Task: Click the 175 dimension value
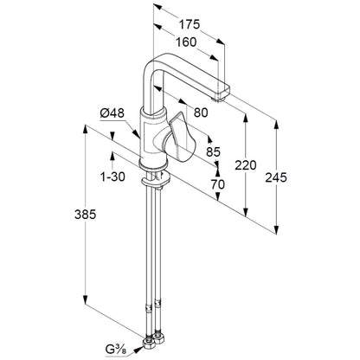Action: coord(190,24)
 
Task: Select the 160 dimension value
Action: coord(186,42)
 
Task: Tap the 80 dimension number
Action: coord(201,112)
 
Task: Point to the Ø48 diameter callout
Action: coord(112,112)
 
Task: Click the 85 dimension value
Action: coord(214,151)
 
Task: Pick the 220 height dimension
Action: coord(246,165)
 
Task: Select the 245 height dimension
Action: coord(276,177)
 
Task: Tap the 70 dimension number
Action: coord(217,184)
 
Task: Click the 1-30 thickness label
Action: coord(112,177)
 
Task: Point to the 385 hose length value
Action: coord(85,215)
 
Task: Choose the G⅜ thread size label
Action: coord(116,350)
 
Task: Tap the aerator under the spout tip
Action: coord(219,100)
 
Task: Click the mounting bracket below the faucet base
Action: coord(156,181)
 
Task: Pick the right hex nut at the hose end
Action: coord(158,337)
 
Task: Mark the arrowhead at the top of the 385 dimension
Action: coord(85,129)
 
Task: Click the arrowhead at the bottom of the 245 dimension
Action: coord(276,229)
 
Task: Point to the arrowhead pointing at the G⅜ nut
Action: coord(138,350)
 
